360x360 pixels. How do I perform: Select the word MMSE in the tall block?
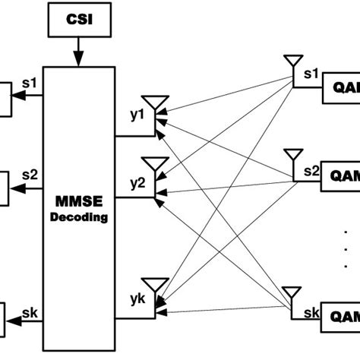click(79, 203)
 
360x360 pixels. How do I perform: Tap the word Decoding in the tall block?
click(79, 216)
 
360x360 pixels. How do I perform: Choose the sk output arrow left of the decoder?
click(30, 321)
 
